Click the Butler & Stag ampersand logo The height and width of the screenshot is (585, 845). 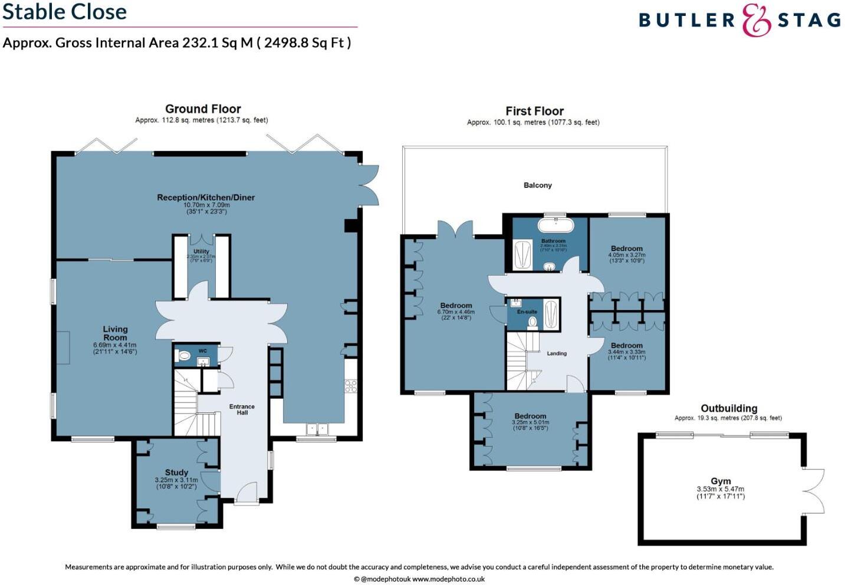coord(756,20)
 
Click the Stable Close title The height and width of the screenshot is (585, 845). coord(64,12)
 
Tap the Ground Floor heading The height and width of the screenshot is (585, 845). coord(202,109)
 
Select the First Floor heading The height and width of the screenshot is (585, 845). coord(534,111)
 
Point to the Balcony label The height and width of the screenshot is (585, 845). coord(537,185)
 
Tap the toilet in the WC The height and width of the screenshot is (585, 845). coord(184,356)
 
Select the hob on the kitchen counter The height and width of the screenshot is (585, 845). coord(351,386)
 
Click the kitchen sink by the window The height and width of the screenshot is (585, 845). coord(316,429)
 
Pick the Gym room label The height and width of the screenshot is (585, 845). coord(720,481)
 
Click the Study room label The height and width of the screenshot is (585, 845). coord(176,472)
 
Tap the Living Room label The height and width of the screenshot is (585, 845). coord(115,333)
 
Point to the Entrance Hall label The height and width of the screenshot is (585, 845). coord(242,409)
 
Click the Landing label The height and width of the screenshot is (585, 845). coord(556,353)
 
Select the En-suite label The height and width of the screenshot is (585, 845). coord(527,312)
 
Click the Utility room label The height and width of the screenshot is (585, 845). coord(201,252)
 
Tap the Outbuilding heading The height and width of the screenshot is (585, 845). coord(728,408)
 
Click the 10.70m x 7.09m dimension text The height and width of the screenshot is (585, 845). coord(206,205)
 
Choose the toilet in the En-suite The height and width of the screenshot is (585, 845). coord(532,322)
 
